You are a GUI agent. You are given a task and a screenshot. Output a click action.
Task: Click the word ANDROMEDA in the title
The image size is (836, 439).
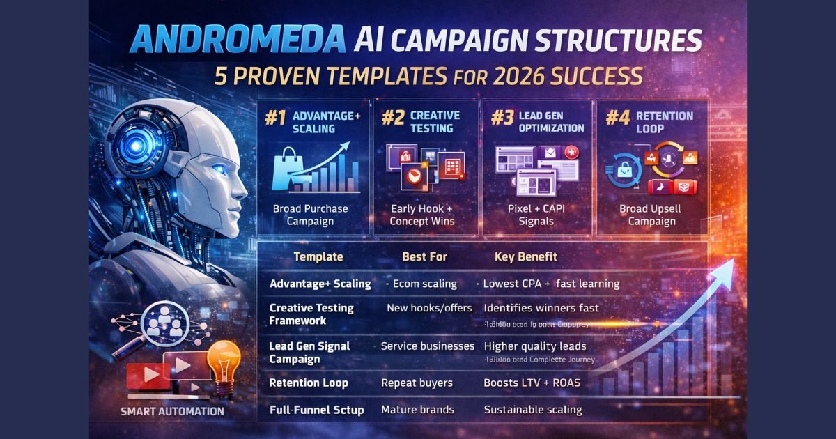(x=237, y=40)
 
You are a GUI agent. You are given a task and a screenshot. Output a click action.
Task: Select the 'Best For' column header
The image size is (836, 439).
(x=424, y=256)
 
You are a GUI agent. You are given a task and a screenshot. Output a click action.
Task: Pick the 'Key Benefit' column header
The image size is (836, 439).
(x=525, y=256)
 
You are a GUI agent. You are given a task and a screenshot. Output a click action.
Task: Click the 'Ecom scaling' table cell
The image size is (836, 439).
(x=422, y=284)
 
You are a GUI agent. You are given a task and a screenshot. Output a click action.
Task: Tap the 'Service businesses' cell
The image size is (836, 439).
(x=428, y=346)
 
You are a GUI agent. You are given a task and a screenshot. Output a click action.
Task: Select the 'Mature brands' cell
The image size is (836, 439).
(x=417, y=410)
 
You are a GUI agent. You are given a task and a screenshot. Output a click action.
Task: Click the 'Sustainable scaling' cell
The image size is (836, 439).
(x=533, y=410)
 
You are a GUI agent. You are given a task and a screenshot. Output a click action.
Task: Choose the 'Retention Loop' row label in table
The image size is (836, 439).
(x=309, y=383)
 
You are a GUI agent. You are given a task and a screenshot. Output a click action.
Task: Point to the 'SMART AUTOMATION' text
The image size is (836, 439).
(x=172, y=411)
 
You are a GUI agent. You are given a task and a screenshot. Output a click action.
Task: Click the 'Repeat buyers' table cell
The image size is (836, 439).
(x=417, y=383)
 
